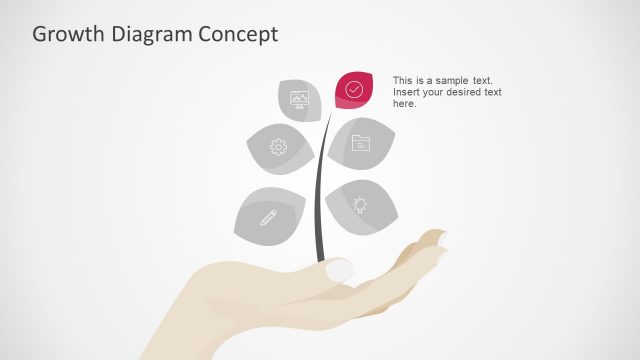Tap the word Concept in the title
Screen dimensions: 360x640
pyautogui.click(x=238, y=34)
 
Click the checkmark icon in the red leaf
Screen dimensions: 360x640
pyautogui.click(x=354, y=89)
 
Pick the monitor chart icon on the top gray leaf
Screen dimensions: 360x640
pyautogui.click(x=299, y=98)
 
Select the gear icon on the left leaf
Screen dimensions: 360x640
pyautogui.click(x=278, y=147)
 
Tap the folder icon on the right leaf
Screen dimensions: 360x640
pyautogui.click(x=360, y=143)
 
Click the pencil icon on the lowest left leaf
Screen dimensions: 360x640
pyautogui.click(x=267, y=216)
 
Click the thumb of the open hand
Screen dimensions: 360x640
pyautogui.click(x=338, y=269)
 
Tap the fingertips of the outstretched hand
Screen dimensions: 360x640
pyautogui.click(x=437, y=241)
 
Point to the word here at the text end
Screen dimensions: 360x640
pyautogui.click(x=404, y=104)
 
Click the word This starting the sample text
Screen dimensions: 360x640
pyautogui.click(x=403, y=80)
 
